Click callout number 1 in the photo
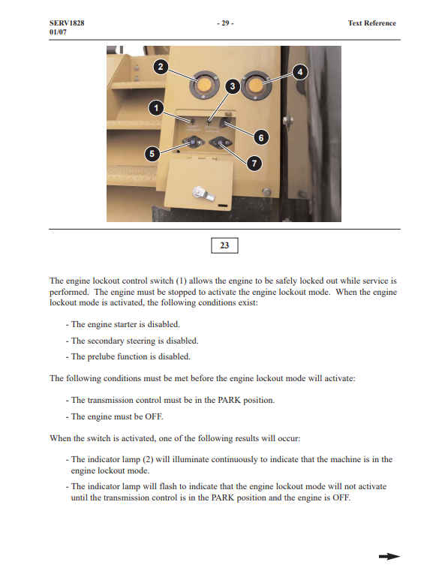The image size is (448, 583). point(156,108)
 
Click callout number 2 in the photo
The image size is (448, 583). point(161,67)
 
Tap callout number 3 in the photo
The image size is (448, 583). point(233,86)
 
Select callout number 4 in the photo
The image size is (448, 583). point(300,72)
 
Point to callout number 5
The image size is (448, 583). point(152,154)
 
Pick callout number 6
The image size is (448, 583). point(261,138)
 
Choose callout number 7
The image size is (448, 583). point(254,164)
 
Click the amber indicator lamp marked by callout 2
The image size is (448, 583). point(203,85)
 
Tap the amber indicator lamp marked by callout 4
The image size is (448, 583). point(256,85)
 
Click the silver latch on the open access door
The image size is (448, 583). point(203,193)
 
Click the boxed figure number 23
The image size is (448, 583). point(224,245)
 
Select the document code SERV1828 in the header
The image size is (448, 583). point(67,23)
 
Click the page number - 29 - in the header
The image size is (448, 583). point(225,23)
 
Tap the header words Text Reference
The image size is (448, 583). point(371,23)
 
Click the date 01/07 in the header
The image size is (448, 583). point(58,32)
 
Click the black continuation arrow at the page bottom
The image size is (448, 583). point(389,557)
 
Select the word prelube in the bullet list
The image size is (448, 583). point(101,356)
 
